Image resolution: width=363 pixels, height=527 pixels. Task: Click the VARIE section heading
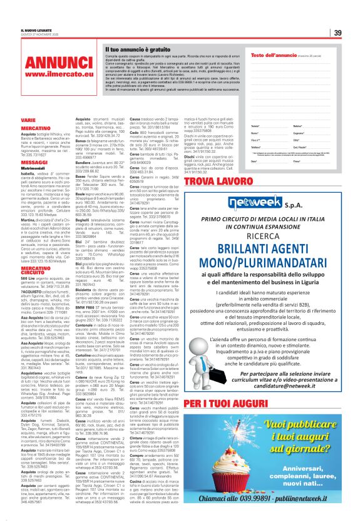28,119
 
